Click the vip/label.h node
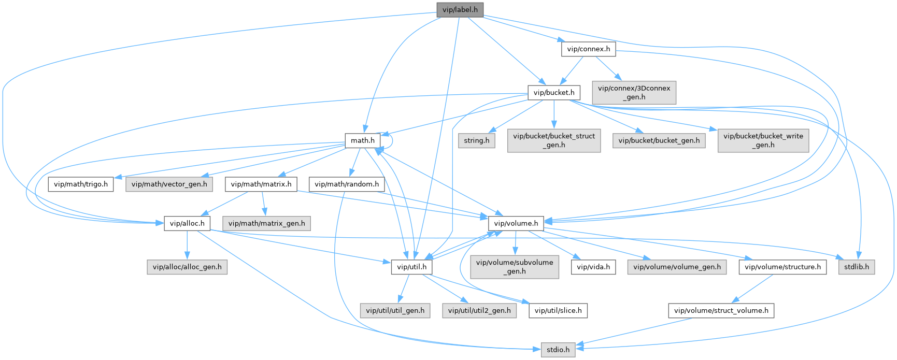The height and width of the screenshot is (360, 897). pyautogui.click(x=460, y=10)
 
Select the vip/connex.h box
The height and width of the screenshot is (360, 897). pyautogui.click(x=588, y=50)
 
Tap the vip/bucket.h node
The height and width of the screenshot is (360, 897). pyautogui.click(x=554, y=93)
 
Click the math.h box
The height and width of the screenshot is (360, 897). pyautogui.click(x=363, y=140)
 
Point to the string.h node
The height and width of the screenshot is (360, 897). pyautogui.click(x=476, y=140)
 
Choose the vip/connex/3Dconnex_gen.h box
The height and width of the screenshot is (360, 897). pyautogui.click(x=634, y=92)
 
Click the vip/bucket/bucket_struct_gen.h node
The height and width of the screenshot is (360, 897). pyautogui.click(x=554, y=140)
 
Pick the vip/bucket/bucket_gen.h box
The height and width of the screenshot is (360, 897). pyautogui.click(x=659, y=140)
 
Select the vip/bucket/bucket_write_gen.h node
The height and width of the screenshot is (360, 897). pyautogui.click(x=763, y=140)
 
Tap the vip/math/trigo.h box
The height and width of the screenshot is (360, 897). pyautogui.click(x=81, y=184)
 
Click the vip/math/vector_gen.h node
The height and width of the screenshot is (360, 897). pyautogui.click(x=169, y=184)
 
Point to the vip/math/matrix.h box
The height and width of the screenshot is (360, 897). pyautogui.click(x=261, y=184)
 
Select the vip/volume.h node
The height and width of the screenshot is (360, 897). pyautogui.click(x=516, y=224)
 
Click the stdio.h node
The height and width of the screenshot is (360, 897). pyautogui.click(x=558, y=350)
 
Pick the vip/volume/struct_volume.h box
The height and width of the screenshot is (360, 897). pyautogui.click(x=721, y=311)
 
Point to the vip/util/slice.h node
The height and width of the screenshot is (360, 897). pyautogui.click(x=558, y=311)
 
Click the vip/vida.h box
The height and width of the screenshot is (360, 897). pyautogui.click(x=593, y=267)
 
